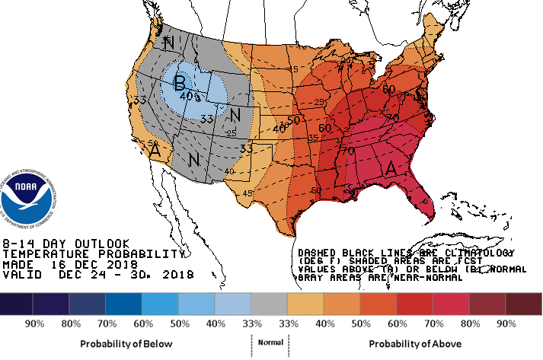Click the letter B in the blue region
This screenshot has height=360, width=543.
[180, 81]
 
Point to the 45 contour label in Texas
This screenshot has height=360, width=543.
[248, 193]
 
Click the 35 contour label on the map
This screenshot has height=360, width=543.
[313, 138]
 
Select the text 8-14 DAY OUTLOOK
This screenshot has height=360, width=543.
[61, 243]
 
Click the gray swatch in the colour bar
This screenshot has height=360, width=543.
[270, 304]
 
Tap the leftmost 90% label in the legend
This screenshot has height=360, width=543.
[33, 323]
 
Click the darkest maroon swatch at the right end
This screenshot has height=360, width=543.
[524, 304]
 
